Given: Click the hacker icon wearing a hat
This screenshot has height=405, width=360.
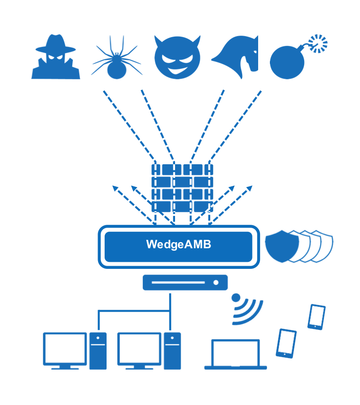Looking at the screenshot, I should coord(55,57).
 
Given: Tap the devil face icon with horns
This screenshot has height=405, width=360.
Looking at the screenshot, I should coord(177,58).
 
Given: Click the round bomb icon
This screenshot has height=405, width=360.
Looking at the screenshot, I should coord(287,62).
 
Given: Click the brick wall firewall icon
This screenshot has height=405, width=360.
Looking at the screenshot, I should coord(182,188).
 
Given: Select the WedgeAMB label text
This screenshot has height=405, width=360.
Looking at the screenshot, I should coord(178,245).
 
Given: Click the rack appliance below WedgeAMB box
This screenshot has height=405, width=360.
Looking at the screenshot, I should coord(185,283).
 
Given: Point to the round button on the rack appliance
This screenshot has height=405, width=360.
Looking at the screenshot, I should coord(216,283).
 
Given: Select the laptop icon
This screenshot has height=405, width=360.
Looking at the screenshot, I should coord(235,354).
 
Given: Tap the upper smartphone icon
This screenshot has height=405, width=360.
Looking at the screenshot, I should coord(316,317).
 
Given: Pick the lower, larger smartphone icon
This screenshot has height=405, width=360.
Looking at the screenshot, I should coord(286,343).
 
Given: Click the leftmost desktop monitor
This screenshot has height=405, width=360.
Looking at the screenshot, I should coord(65,350).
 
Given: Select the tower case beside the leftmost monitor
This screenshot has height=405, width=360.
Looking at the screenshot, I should coord(98,351).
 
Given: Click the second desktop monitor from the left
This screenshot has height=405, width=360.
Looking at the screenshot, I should coord(139,350).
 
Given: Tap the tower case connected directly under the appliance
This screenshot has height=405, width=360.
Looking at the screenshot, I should coord(172,351).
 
